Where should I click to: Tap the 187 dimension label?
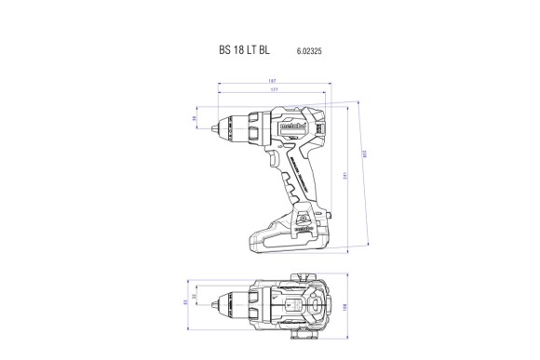pyautogui.click(x=271, y=81)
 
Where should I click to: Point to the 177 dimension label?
pyautogui.click(x=270, y=91)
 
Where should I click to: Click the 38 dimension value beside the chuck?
pyautogui.click(x=195, y=119)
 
